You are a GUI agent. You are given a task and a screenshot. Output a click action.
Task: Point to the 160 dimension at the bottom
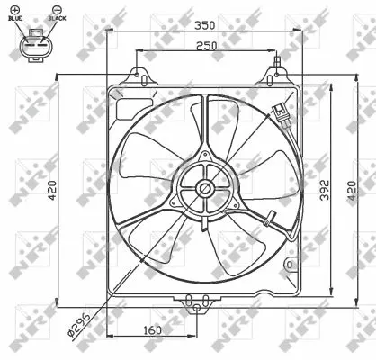tap(152, 330)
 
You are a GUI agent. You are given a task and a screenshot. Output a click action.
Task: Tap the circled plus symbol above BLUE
tap(15, 9)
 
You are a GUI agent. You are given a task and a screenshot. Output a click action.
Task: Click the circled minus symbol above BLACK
tap(56, 9)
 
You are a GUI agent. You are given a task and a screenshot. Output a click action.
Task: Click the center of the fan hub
tap(206, 188)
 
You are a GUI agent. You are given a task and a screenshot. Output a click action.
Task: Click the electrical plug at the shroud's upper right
tap(282, 114)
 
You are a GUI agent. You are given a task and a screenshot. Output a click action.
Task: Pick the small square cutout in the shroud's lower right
tap(289, 266)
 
